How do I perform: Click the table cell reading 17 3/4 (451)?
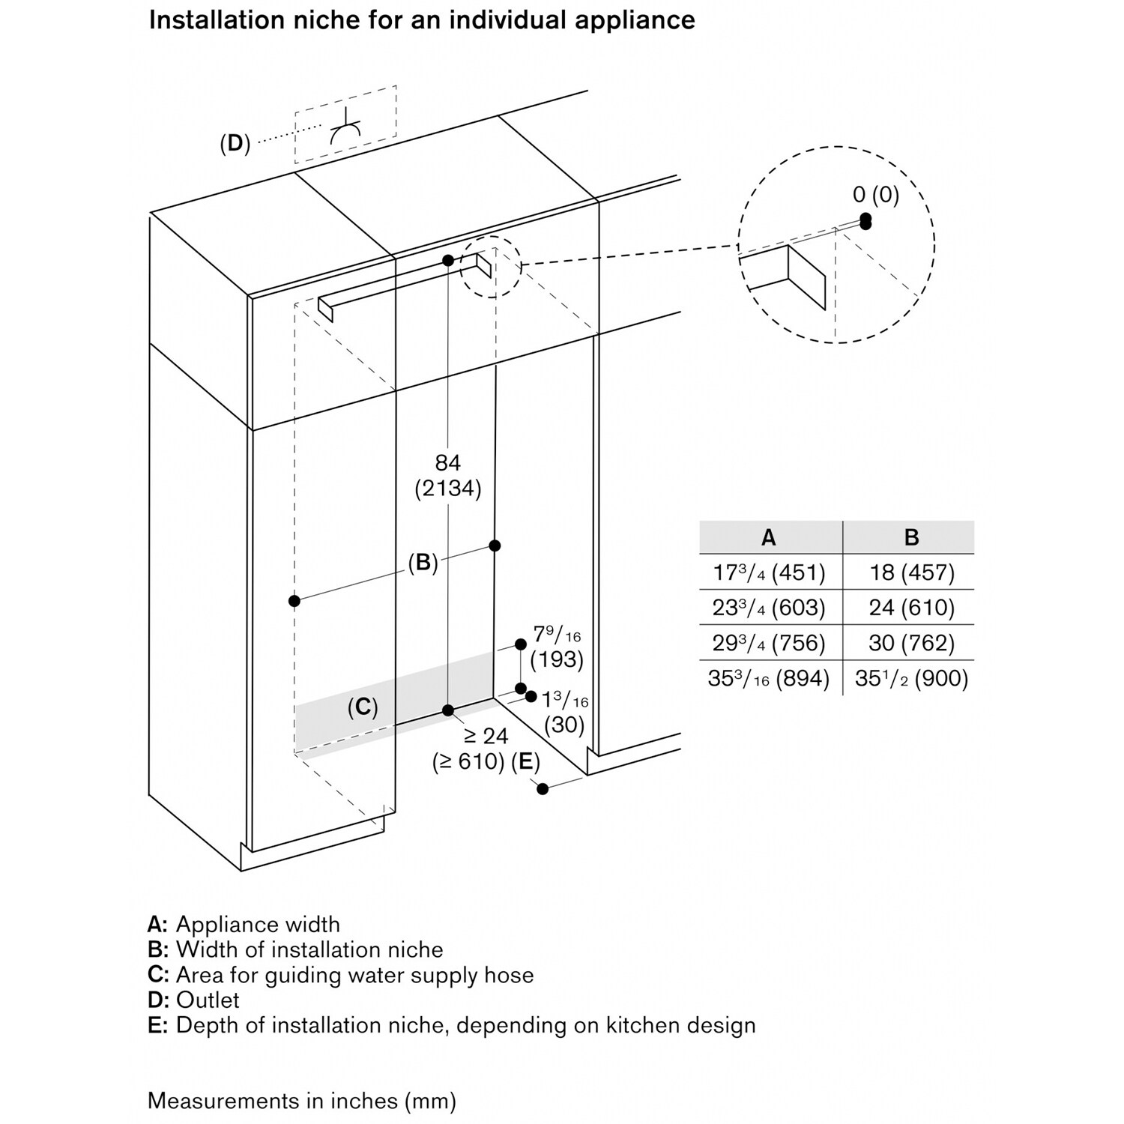point(769,573)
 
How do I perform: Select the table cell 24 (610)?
point(912,608)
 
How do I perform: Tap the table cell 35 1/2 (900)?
point(912,678)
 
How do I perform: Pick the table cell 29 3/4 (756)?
point(769,643)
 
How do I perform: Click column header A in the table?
point(769,537)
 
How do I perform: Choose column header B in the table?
point(912,537)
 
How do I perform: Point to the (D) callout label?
point(235,143)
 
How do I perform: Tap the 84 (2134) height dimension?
point(448,476)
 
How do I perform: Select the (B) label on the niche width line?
point(423,563)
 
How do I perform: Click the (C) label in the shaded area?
point(363,707)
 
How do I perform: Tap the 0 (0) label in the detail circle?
point(876,195)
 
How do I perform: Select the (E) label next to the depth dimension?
point(525,762)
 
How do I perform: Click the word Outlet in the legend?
point(208,1000)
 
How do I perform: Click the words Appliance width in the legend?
point(258,925)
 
